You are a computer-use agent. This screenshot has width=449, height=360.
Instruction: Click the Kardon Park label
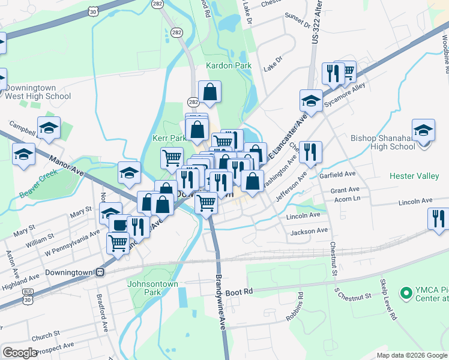point(228,65)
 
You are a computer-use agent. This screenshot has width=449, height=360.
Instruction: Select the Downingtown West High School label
point(37,92)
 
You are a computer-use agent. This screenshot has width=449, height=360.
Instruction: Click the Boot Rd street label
point(240,292)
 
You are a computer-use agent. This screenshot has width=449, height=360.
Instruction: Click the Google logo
point(20,353)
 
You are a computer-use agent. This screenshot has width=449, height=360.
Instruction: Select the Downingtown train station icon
point(100,272)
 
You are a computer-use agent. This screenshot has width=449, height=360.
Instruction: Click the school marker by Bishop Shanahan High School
point(423,130)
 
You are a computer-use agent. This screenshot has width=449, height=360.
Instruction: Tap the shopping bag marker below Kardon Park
point(209,92)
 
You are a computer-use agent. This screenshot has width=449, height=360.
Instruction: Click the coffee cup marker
point(120,224)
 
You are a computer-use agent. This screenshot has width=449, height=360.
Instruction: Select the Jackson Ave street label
point(309,230)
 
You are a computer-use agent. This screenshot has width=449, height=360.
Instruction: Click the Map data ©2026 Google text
point(411,355)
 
